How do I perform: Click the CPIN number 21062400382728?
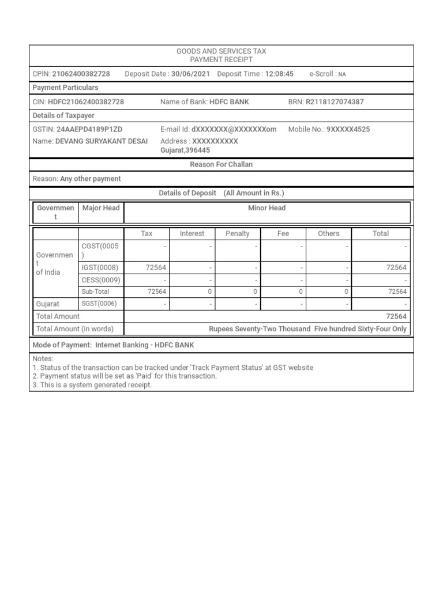[81, 74]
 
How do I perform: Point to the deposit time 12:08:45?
[279, 74]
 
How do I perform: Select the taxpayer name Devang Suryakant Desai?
[101, 141]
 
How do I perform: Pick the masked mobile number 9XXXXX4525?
[348, 130]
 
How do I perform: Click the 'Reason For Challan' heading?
[221, 165]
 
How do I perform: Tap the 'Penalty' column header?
[238, 233]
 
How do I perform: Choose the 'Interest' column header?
[192, 233]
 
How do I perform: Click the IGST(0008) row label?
[100, 267]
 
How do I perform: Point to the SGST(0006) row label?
[100, 303]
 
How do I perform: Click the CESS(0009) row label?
[100, 279]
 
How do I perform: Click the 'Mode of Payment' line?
[114, 345]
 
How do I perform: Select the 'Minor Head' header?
[266, 208]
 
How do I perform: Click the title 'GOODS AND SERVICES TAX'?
[221, 51]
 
